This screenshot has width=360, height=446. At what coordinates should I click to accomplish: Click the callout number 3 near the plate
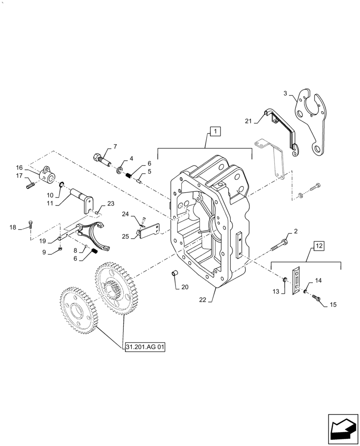(x=286, y=94)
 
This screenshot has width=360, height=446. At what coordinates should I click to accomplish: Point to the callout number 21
(x=248, y=120)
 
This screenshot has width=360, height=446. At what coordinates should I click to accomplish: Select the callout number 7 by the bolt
(x=115, y=146)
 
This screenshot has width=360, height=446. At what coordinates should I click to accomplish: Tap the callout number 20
(x=185, y=287)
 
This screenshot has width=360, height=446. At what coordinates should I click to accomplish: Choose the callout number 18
(x=13, y=227)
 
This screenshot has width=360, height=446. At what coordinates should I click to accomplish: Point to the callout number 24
(x=125, y=215)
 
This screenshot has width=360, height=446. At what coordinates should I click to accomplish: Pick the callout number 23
(x=110, y=203)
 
